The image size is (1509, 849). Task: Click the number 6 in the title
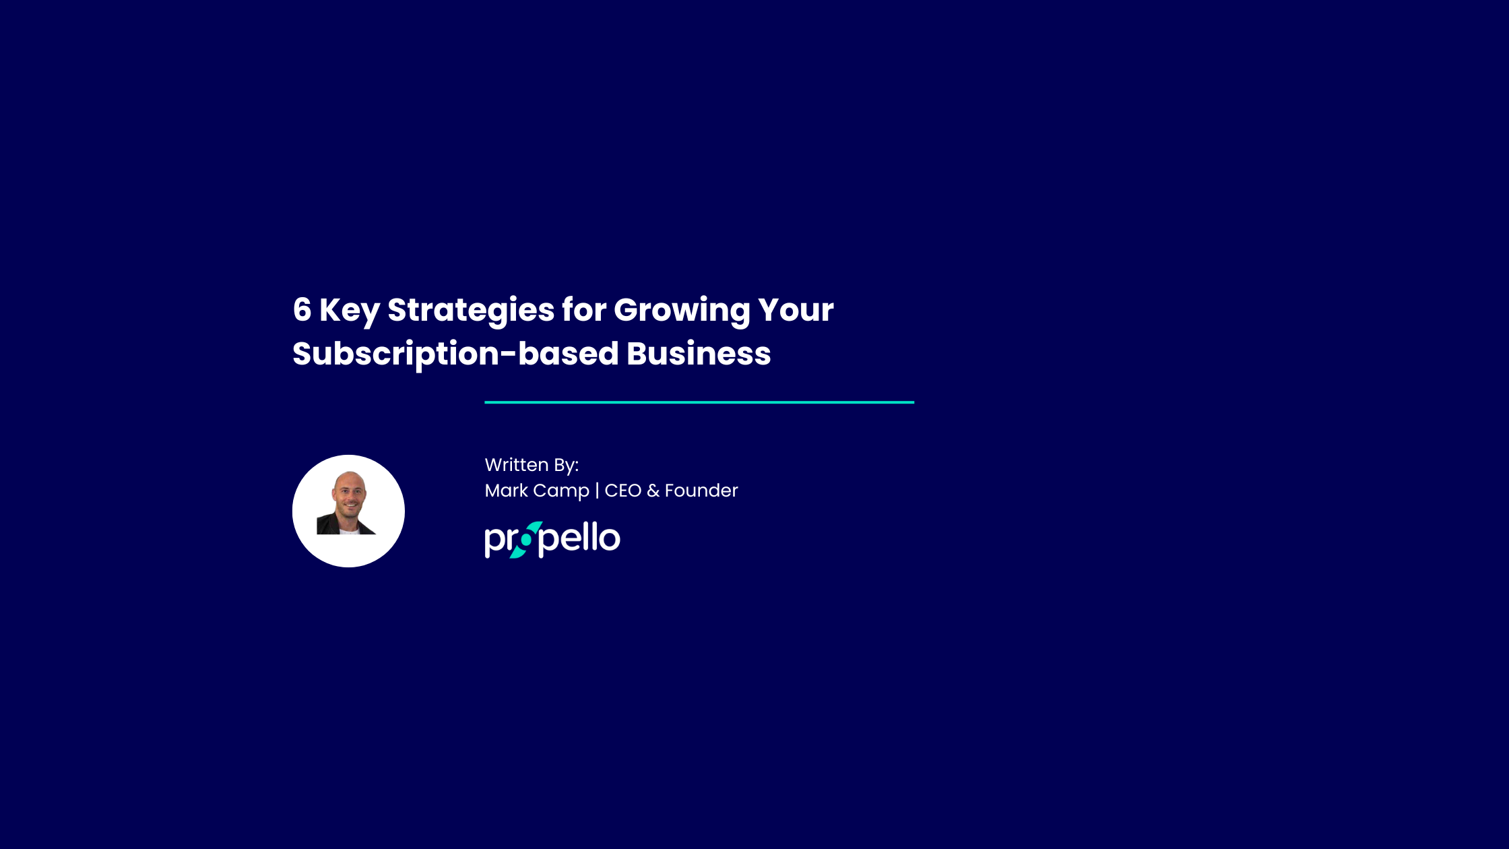(x=302, y=310)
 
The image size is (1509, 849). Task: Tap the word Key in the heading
(x=349, y=311)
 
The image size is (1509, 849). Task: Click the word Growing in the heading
(x=682, y=311)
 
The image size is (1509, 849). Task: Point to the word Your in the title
(x=796, y=310)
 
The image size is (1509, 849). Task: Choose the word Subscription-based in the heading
(x=455, y=354)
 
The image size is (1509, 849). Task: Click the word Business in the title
(x=699, y=354)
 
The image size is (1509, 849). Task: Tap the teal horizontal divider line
(x=699, y=402)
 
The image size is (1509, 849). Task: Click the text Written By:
(x=532, y=465)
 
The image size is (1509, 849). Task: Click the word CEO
(x=622, y=491)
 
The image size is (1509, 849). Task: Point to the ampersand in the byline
(x=653, y=491)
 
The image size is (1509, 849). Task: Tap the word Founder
(x=701, y=491)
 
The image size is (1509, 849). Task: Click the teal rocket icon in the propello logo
(x=526, y=540)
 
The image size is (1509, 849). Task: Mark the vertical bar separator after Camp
(x=597, y=491)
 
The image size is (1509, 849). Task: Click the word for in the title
(x=584, y=310)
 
